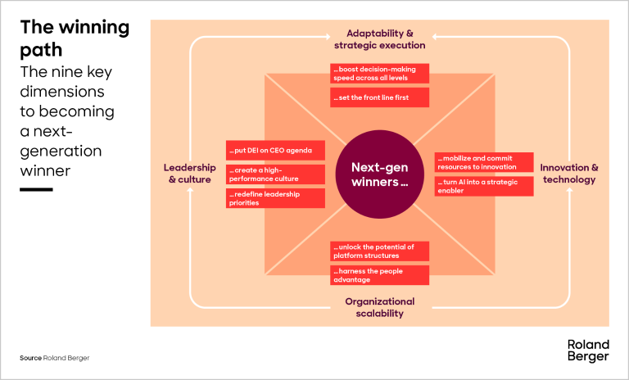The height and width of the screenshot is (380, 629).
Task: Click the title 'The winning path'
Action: [75, 38]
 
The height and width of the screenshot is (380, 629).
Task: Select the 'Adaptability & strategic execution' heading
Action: [379, 39]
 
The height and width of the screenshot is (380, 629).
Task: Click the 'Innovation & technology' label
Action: [568, 173]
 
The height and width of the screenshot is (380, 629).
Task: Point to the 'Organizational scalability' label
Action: [379, 306]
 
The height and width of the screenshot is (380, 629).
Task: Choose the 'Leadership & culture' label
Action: [189, 173]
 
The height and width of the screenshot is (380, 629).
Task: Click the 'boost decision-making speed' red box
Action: [379, 74]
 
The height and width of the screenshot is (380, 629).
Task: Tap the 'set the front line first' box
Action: [379, 97]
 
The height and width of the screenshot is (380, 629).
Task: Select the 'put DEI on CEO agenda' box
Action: [275, 151]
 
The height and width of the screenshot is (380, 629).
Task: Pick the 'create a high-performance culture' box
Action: [275, 174]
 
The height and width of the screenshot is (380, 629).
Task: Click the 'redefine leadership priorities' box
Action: [275, 198]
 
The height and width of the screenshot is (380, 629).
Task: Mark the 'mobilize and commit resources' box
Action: [484, 162]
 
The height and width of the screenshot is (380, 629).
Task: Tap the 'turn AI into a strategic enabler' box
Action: [484, 186]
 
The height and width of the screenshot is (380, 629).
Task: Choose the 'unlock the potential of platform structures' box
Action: [379, 251]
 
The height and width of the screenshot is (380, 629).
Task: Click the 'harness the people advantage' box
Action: [379, 275]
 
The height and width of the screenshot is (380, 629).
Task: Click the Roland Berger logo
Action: [588, 351]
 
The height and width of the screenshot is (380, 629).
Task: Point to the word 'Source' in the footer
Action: [31, 359]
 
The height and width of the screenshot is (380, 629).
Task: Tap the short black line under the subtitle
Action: [36, 189]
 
